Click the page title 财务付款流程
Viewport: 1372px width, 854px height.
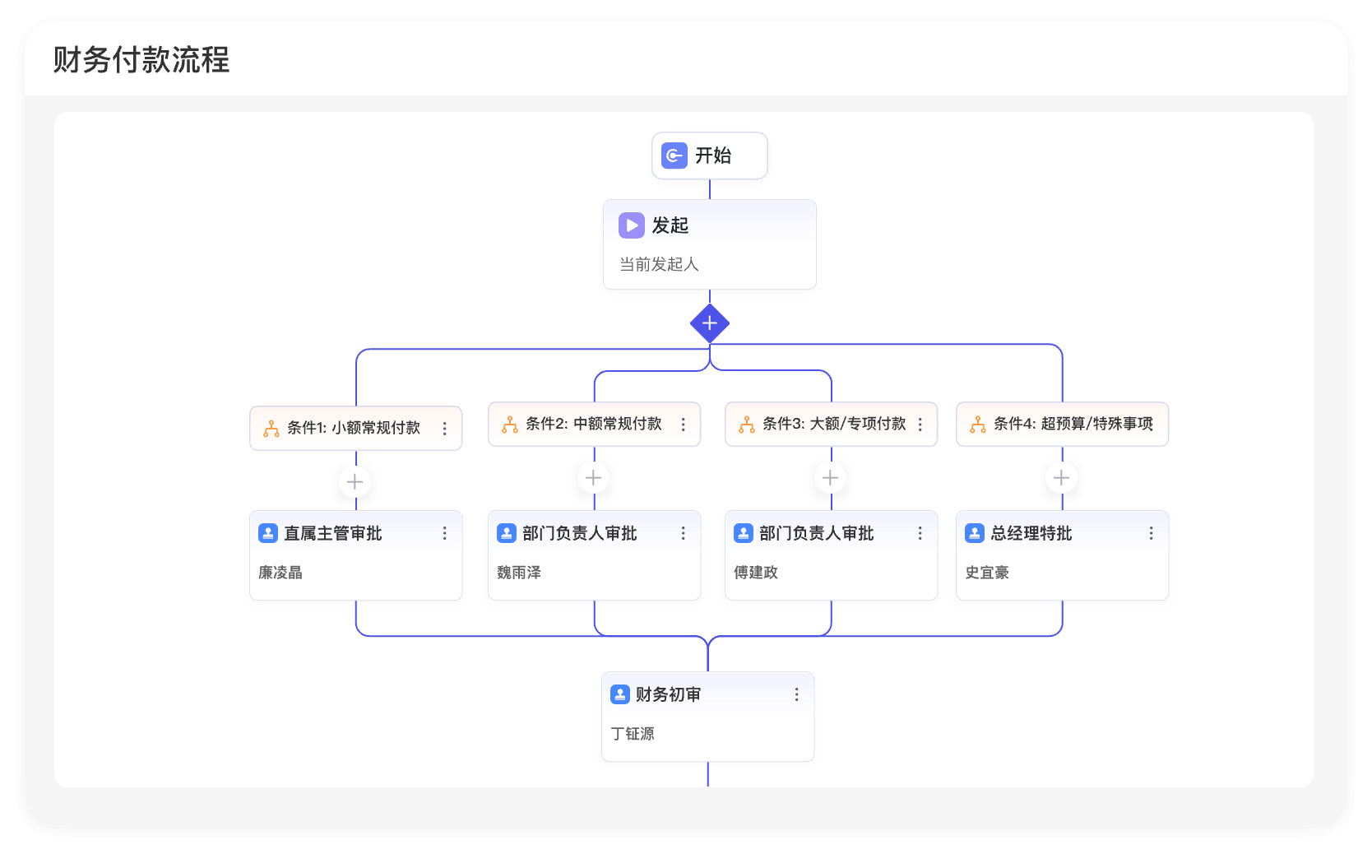pyautogui.click(x=141, y=59)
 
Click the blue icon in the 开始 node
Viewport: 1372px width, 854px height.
pyautogui.click(x=674, y=155)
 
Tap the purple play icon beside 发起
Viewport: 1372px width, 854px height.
pyautogui.click(x=632, y=225)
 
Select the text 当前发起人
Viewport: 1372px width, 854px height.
pyautogui.click(x=659, y=264)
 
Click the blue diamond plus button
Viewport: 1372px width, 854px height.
pyautogui.click(x=709, y=323)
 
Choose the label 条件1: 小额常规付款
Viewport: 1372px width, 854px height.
pyautogui.click(x=354, y=428)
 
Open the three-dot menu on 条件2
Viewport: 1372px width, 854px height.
pyautogui.click(x=683, y=424)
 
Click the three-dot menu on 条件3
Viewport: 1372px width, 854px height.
pyautogui.click(x=920, y=424)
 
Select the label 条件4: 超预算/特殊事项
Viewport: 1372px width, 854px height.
pyautogui.click(x=1073, y=424)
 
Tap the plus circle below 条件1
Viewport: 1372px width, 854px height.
pyautogui.click(x=355, y=482)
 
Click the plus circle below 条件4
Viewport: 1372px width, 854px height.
pyautogui.click(x=1061, y=478)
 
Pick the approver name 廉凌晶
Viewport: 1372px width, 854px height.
pyautogui.click(x=280, y=573)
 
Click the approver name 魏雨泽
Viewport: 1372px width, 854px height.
pyautogui.click(x=519, y=573)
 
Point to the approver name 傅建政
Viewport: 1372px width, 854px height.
pyautogui.click(x=756, y=573)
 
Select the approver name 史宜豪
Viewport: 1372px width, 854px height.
pyautogui.click(x=987, y=573)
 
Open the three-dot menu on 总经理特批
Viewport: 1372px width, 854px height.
pyautogui.click(x=1151, y=534)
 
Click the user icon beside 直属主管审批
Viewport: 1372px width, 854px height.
pyautogui.click(x=268, y=534)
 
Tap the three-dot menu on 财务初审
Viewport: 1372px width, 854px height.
pyautogui.click(x=796, y=694)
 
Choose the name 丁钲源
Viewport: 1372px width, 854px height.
pyautogui.click(x=633, y=734)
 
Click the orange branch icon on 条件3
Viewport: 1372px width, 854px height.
pyautogui.click(x=747, y=425)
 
